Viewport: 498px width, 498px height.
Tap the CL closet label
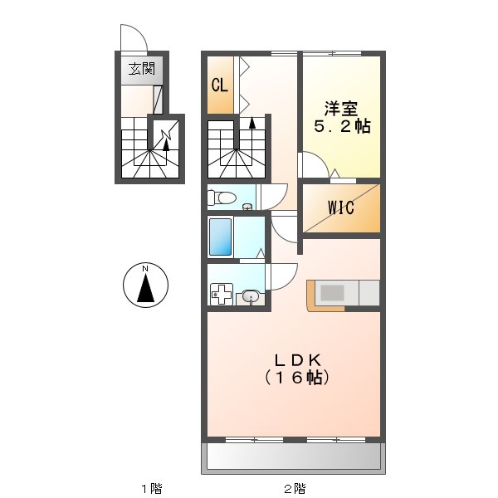pyautogui.click(x=219, y=85)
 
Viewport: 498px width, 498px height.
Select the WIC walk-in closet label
pyautogui.click(x=340, y=207)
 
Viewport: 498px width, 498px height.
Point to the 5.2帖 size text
pyautogui.click(x=341, y=127)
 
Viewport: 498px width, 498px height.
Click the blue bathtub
pyautogui.click(x=220, y=237)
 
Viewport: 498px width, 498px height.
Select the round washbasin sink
pyautogui.click(x=251, y=295)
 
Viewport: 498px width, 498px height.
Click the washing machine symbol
pyautogui.click(x=222, y=295)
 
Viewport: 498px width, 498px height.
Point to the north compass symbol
pyautogui.click(x=145, y=286)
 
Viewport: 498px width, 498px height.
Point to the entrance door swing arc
pyautogui.click(x=133, y=38)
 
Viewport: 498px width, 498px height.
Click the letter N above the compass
pyautogui.click(x=145, y=268)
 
